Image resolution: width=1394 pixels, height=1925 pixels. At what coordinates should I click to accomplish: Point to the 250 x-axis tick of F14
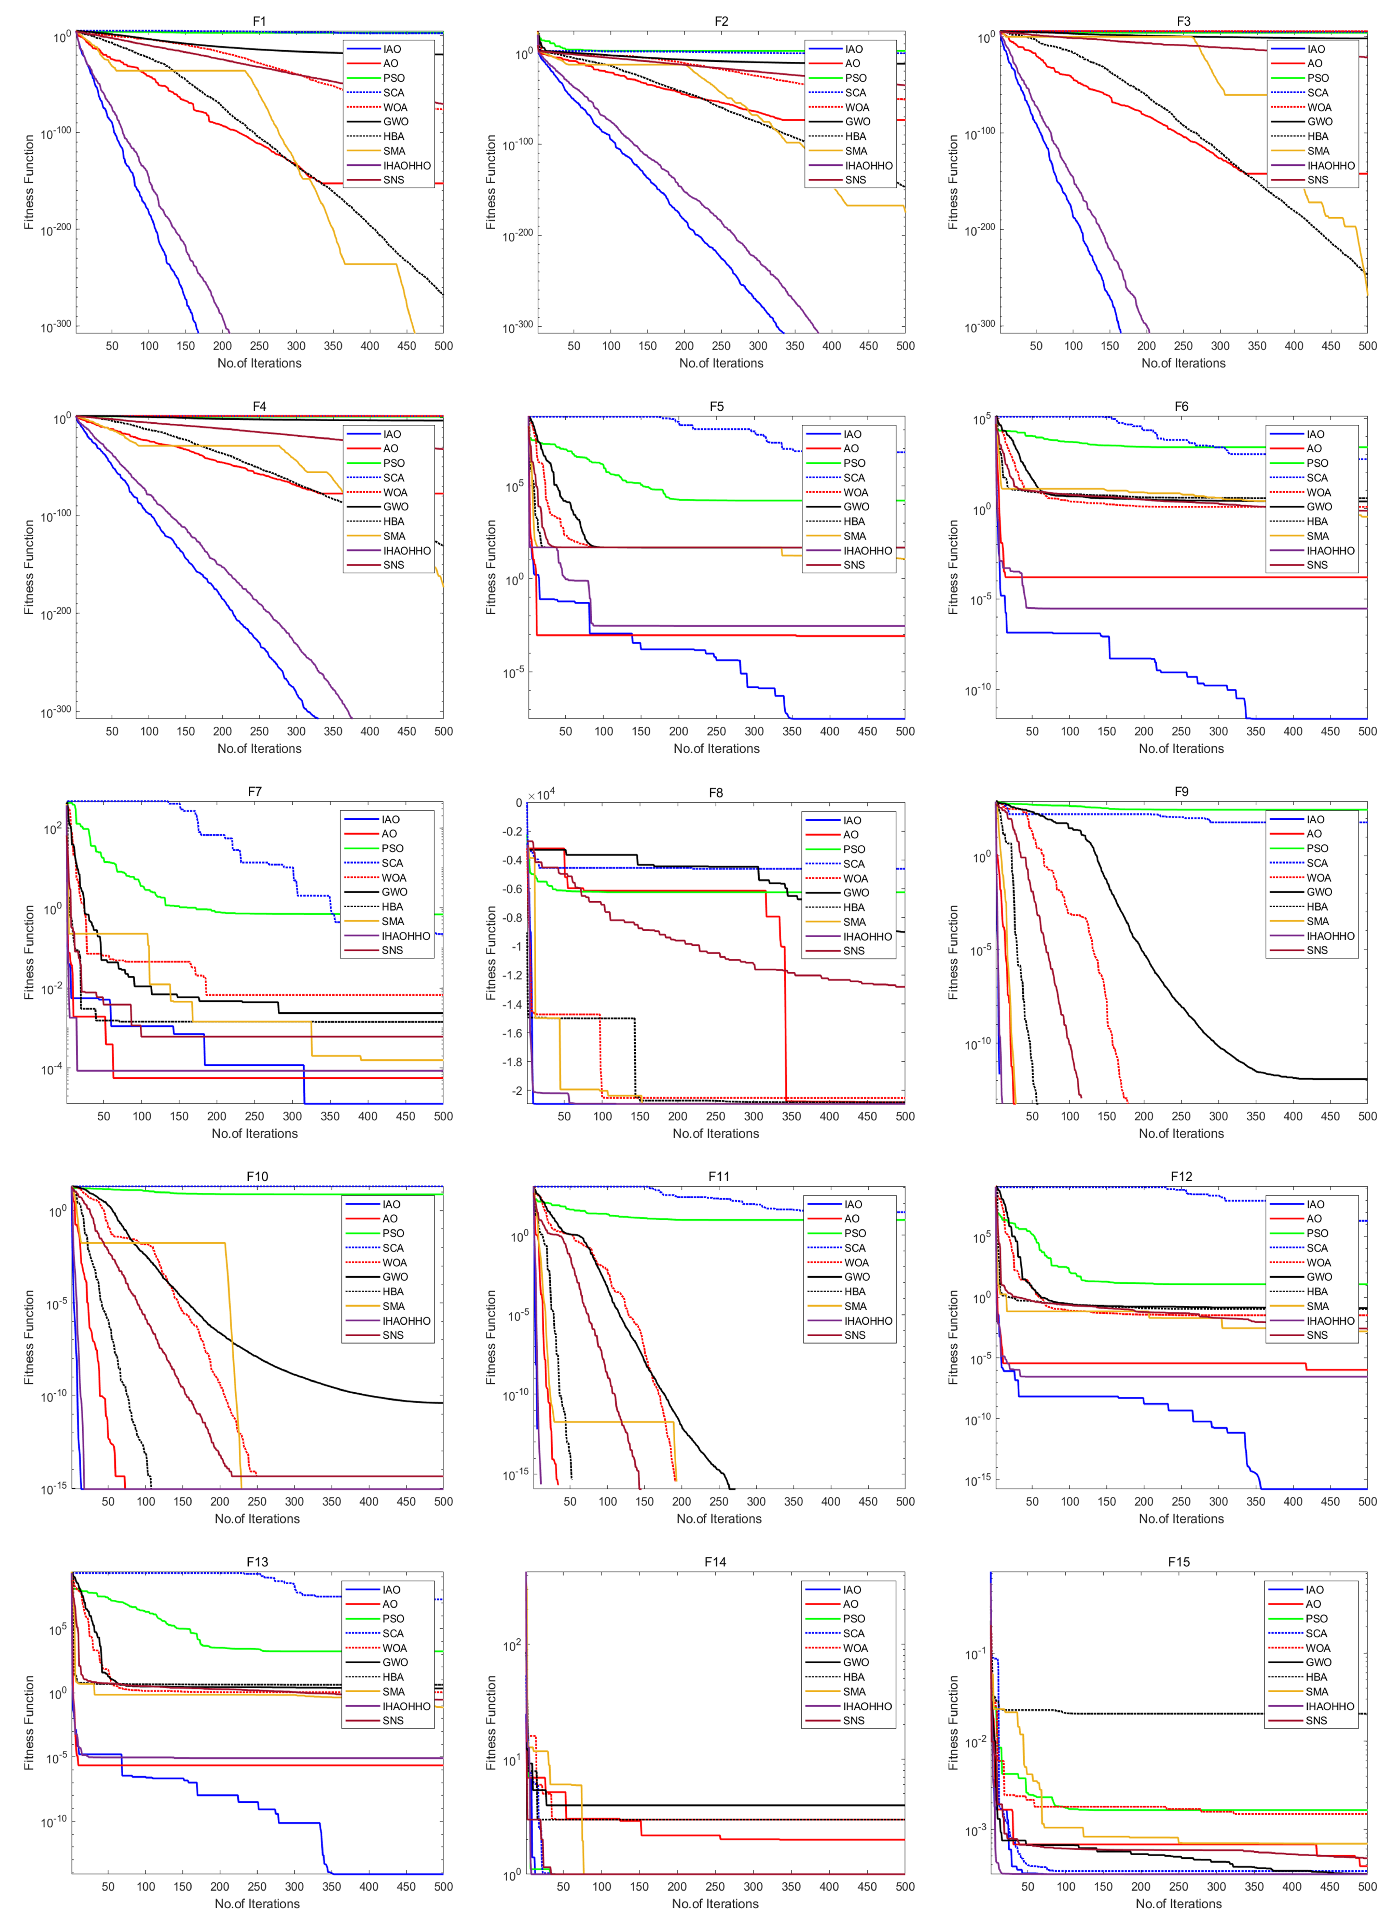(x=715, y=1886)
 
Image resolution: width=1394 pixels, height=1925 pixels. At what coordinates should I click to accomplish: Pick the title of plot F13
(x=257, y=1562)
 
